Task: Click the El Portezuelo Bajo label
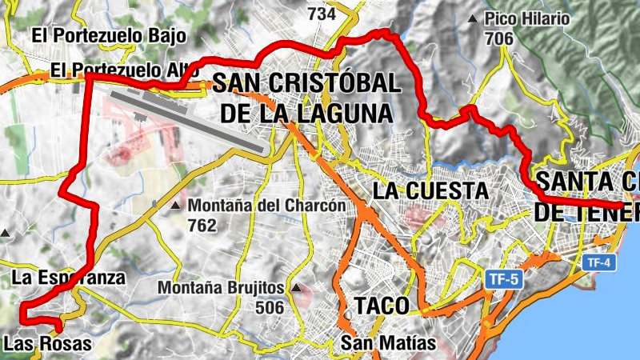pos(109,35)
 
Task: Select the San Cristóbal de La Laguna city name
pos(306,97)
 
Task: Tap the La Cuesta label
pos(430,190)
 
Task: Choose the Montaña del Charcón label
pos(266,206)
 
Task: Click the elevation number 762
pos(202,225)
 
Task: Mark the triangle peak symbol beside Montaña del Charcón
pos(175,206)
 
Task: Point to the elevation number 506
pos(270,306)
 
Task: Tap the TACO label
pos(382,306)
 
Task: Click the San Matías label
pos(388,343)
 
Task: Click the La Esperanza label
pos(69,278)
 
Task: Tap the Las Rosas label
pos(47,343)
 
